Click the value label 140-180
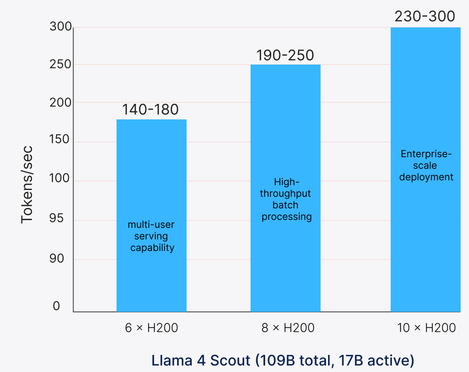pyautogui.click(x=150, y=110)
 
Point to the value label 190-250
pyautogui.click(x=285, y=55)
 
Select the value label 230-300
pyautogui.click(x=425, y=17)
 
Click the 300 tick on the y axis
pyautogui.click(x=61, y=27)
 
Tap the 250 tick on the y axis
pyautogui.click(x=61, y=65)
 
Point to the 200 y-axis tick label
pyautogui.click(x=61, y=102)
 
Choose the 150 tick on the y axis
pyautogui.click(x=61, y=140)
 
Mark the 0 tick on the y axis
pyautogui.click(x=56, y=306)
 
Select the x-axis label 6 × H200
pyautogui.click(x=151, y=328)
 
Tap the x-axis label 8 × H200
pyautogui.click(x=288, y=328)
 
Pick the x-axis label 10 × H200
pyautogui.click(x=426, y=328)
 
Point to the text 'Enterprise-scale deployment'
pyautogui.click(x=426, y=166)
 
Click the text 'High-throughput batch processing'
pyautogui.click(x=286, y=199)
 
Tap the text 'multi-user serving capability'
pyautogui.click(x=151, y=236)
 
